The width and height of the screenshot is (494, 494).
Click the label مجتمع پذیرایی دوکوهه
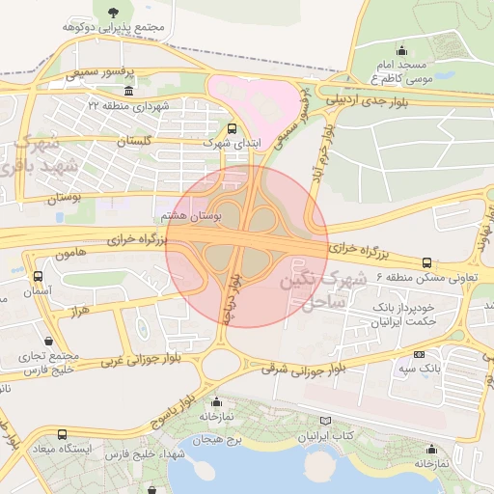[112, 29]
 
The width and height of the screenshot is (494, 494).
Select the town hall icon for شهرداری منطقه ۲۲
[128, 90]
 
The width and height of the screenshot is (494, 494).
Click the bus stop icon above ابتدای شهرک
[231, 127]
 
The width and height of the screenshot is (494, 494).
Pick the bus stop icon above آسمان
[37, 277]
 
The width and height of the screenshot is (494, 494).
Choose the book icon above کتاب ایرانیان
[324, 422]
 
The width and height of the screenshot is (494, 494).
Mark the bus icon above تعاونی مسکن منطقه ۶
[427, 261]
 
